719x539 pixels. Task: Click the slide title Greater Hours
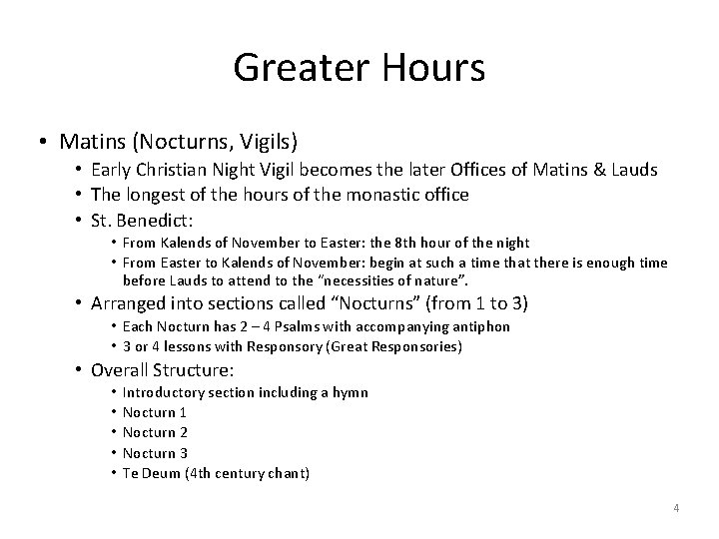359,68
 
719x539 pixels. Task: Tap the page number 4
676,509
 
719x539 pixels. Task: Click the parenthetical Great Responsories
395,345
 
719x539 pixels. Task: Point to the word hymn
351,392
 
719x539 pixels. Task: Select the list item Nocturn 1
154,412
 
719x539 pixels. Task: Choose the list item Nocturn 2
154,432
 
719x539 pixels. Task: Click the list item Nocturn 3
154,452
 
